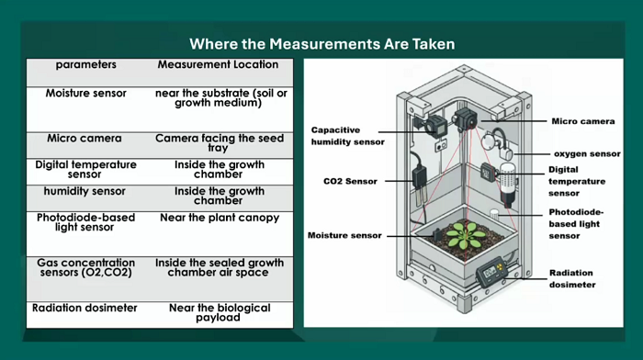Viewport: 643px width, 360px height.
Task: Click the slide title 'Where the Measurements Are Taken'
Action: click(321, 44)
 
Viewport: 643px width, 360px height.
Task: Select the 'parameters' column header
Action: click(86, 65)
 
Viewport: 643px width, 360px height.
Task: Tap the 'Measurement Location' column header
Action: click(218, 64)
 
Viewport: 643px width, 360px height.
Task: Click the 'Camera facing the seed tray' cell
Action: click(219, 142)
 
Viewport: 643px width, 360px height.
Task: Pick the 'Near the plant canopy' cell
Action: click(220, 218)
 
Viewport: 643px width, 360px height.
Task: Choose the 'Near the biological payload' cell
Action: click(220, 312)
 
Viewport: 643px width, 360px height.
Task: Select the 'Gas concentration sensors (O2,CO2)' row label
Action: click(86, 267)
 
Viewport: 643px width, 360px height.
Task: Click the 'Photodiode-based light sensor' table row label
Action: click(85, 222)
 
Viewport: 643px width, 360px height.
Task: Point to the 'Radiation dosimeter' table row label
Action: click(85, 308)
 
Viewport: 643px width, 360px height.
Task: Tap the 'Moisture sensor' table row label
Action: click(85, 94)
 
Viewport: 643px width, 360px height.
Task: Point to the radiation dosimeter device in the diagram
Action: click(491, 271)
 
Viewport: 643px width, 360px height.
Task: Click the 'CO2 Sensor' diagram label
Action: click(350, 181)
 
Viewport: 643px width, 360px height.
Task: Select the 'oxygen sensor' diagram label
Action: click(587, 153)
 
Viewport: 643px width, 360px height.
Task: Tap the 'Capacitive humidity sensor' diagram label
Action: click(348, 136)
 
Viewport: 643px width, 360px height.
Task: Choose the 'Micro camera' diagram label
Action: click(582, 121)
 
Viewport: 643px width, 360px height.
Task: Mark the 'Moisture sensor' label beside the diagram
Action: click(344, 235)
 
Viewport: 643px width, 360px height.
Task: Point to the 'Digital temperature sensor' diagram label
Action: click(577, 181)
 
